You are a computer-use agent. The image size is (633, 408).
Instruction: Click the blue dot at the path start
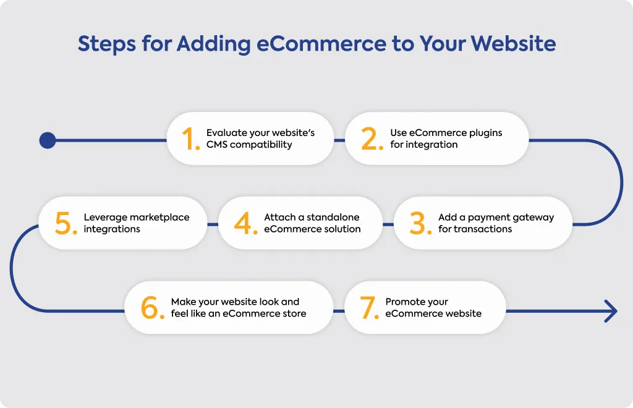(48, 140)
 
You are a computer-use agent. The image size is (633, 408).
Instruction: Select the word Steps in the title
(106, 45)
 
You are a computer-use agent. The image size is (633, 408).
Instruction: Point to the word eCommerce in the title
(321, 44)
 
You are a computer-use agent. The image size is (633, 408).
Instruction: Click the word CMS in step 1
(217, 145)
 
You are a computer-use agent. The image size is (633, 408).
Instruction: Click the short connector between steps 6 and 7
(339, 311)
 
